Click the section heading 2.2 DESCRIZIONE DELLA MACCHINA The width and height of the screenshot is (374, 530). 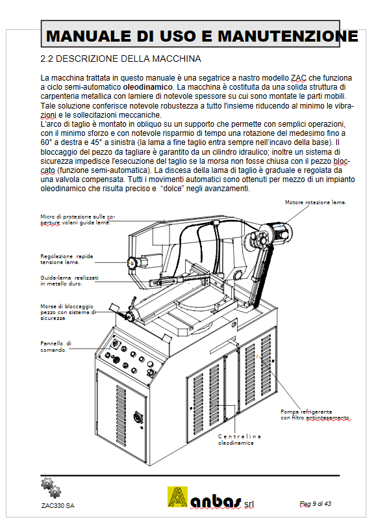tap(121, 59)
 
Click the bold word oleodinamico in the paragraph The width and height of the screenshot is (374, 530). tap(147, 87)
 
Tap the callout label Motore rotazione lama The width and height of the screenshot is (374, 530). tap(316, 202)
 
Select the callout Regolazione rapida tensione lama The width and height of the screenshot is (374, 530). tap(67, 259)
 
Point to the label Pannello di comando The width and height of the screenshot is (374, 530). tap(56, 347)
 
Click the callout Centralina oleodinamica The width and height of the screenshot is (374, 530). tap(240, 440)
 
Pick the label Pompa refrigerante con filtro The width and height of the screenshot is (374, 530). tap(316, 415)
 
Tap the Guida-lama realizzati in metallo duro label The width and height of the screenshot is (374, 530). tap(69, 280)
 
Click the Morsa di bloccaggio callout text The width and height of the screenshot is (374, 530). tap(68, 312)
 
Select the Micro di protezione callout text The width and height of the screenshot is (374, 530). tap(78, 219)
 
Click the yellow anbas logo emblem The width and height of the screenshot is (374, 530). tap(177, 497)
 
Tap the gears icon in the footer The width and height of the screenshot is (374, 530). tap(51, 488)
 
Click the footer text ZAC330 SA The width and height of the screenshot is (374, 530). tap(58, 506)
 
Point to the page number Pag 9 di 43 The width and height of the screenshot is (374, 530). tap(316, 504)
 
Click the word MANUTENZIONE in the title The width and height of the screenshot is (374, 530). tap(288, 36)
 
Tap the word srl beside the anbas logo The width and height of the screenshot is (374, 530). tap(249, 504)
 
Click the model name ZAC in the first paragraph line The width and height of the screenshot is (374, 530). tap(299, 78)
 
